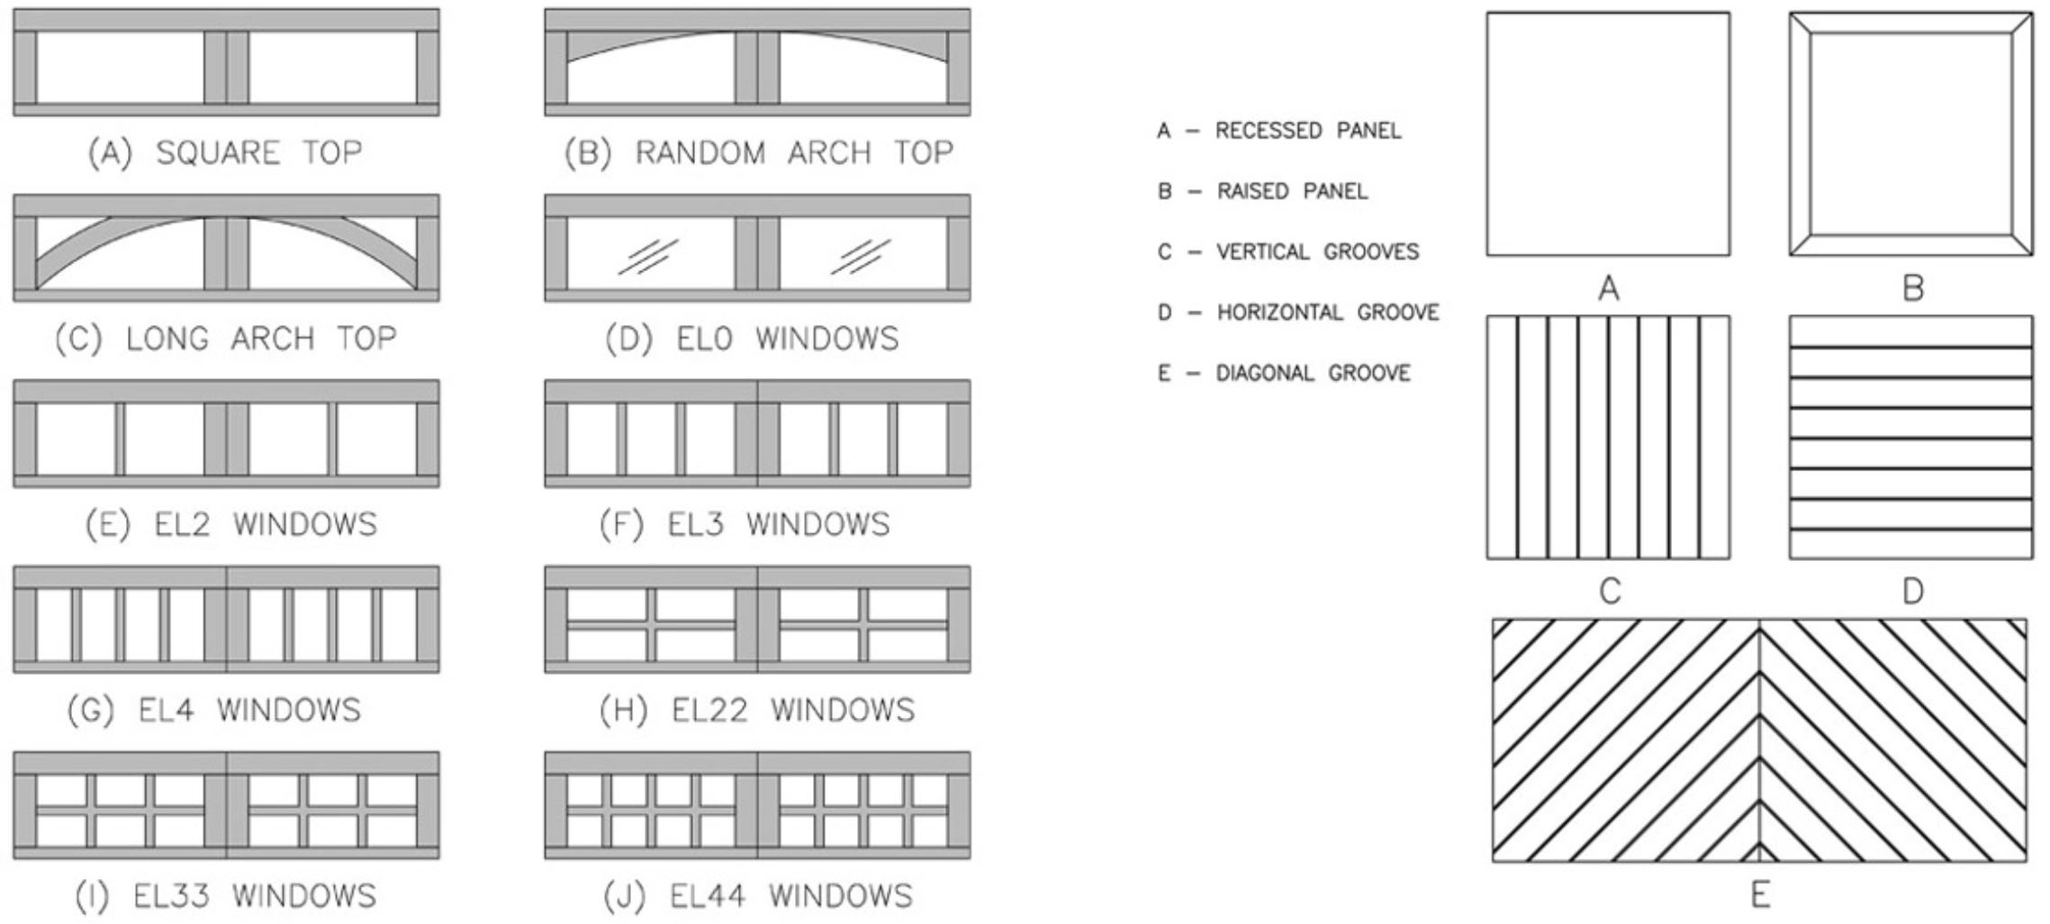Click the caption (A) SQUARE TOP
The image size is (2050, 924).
click(x=225, y=152)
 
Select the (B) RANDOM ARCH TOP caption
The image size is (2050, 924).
click(x=758, y=152)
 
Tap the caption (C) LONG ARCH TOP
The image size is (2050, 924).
click(x=225, y=339)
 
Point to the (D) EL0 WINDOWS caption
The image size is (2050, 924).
click(x=752, y=339)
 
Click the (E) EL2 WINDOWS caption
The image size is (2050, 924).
click(x=231, y=524)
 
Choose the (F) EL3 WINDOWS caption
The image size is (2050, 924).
click(x=745, y=524)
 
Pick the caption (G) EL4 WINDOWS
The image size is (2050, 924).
click(x=214, y=711)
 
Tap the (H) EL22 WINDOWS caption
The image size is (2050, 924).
click(x=757, y=711)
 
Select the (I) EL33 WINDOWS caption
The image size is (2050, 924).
click(x=225, y=896)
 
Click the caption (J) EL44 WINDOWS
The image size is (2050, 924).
click(x=756, y=896)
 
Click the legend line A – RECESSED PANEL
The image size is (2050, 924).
click(x=1279, y=131)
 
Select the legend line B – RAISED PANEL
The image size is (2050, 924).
click(x=1262, y=192)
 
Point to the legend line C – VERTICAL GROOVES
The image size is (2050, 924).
click(x=1288, y=252)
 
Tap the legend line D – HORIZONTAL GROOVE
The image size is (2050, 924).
click(x=1298, y=313)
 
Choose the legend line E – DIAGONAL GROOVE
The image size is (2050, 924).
click(x=1284, y=373)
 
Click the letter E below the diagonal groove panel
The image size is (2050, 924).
click(x=1760, y=895)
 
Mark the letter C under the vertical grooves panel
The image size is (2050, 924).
click(x=1609, y=592)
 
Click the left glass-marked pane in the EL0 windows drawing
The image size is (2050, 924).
click(x=651, y=255)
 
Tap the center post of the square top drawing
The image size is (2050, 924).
click(x=226, y=68)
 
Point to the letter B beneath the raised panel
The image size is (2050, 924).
click(x=1912, y=288)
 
